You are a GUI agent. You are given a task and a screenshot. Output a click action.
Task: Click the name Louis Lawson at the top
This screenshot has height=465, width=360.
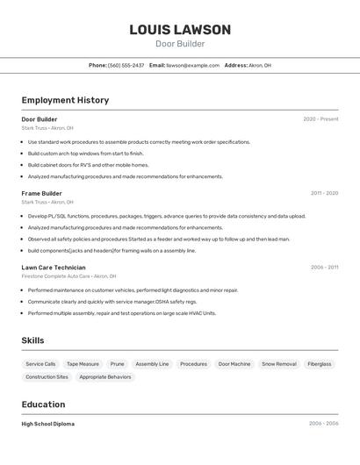point(180,29)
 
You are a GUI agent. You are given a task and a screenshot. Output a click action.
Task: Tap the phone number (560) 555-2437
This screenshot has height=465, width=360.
point(126,65)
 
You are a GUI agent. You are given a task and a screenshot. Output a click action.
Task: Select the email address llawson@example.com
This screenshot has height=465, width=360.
point(193,65)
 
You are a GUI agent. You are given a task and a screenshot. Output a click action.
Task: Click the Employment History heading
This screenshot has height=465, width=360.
point(65,100)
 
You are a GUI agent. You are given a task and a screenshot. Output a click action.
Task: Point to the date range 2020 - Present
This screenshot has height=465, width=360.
point(320,119)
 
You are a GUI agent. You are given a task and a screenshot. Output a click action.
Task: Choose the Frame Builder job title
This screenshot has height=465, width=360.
point(41,193)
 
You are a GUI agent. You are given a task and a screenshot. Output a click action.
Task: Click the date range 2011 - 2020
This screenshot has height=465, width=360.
point(324,193)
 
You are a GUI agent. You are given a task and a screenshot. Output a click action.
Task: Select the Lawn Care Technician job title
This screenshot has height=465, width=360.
point(54,268)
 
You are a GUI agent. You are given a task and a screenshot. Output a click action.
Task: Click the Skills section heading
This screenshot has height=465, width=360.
point(32,340)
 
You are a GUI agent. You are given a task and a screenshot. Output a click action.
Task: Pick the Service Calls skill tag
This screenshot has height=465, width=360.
point(40,363)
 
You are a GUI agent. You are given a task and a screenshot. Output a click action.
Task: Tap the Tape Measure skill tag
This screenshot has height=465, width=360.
point(83,363)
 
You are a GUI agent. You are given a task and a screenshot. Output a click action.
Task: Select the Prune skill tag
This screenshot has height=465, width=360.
point(117,363)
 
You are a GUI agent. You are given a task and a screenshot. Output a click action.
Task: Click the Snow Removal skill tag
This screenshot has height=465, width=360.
point(279,363)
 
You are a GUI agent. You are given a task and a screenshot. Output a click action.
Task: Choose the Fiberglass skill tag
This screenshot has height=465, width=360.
point(320,363)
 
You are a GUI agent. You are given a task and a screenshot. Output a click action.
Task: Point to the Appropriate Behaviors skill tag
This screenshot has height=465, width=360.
point(105,377)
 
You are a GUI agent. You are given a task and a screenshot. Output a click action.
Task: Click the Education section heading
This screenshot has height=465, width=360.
point(43,404)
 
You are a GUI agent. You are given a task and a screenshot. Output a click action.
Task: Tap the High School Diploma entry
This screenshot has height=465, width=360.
point(48,424)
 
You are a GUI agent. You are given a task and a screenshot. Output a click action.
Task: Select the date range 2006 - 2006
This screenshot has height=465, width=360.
point(323,424)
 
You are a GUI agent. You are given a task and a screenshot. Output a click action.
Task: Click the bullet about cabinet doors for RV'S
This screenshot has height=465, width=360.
point(88,164)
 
